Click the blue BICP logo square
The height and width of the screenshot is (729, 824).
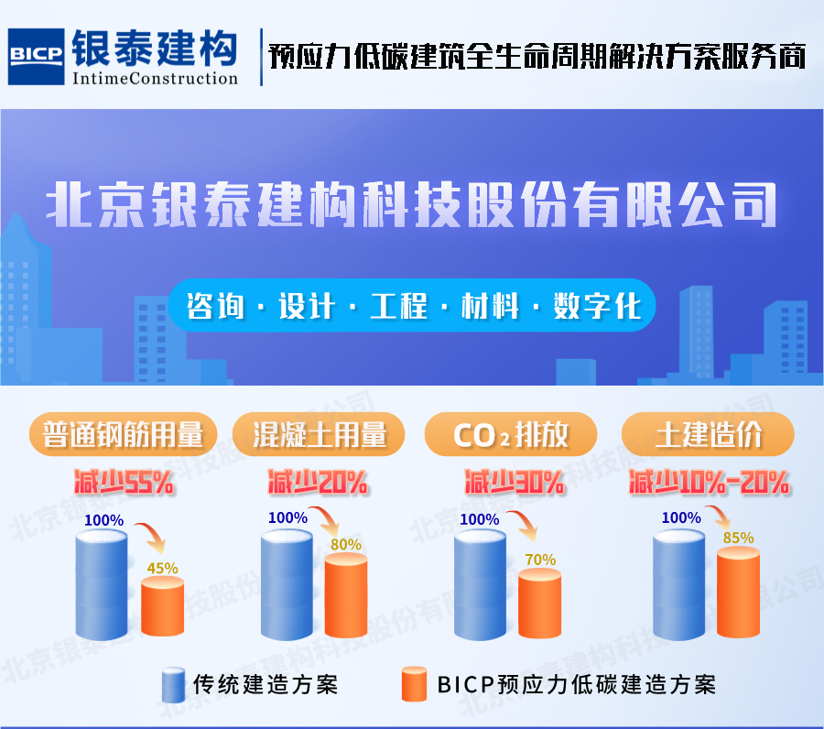(x=37, y=57)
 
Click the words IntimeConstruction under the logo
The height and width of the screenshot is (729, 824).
(x=155, y=79)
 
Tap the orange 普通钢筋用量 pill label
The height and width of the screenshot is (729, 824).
(x=123, y=434)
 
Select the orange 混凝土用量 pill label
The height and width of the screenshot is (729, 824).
(x=319, y=434)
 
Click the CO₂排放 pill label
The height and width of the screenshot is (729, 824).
(x=511, y=434)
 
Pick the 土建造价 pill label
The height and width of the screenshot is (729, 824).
(x=708, y=434)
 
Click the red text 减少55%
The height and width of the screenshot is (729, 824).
(x=124, y=482)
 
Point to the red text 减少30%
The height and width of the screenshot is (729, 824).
(x=515, y=482)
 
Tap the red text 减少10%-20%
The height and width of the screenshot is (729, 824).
(x=710, y=482)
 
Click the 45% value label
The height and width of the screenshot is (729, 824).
(x=162, y=568)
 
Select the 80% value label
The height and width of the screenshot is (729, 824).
(x=346, y=545)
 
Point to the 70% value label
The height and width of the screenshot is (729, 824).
(x=540, y=560)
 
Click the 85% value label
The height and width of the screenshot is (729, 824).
(x=738, y=538)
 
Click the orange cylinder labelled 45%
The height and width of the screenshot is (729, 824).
(x=162, y=606)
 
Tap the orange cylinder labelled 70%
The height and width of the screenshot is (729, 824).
(x=539, y=604)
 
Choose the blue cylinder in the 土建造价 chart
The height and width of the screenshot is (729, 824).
(x=678, y=585)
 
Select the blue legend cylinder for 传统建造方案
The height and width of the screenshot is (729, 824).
(x=173, y=685)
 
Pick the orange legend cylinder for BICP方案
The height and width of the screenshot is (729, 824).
(x=414, y=684)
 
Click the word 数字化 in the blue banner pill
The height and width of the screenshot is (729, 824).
(x=598, y=305)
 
